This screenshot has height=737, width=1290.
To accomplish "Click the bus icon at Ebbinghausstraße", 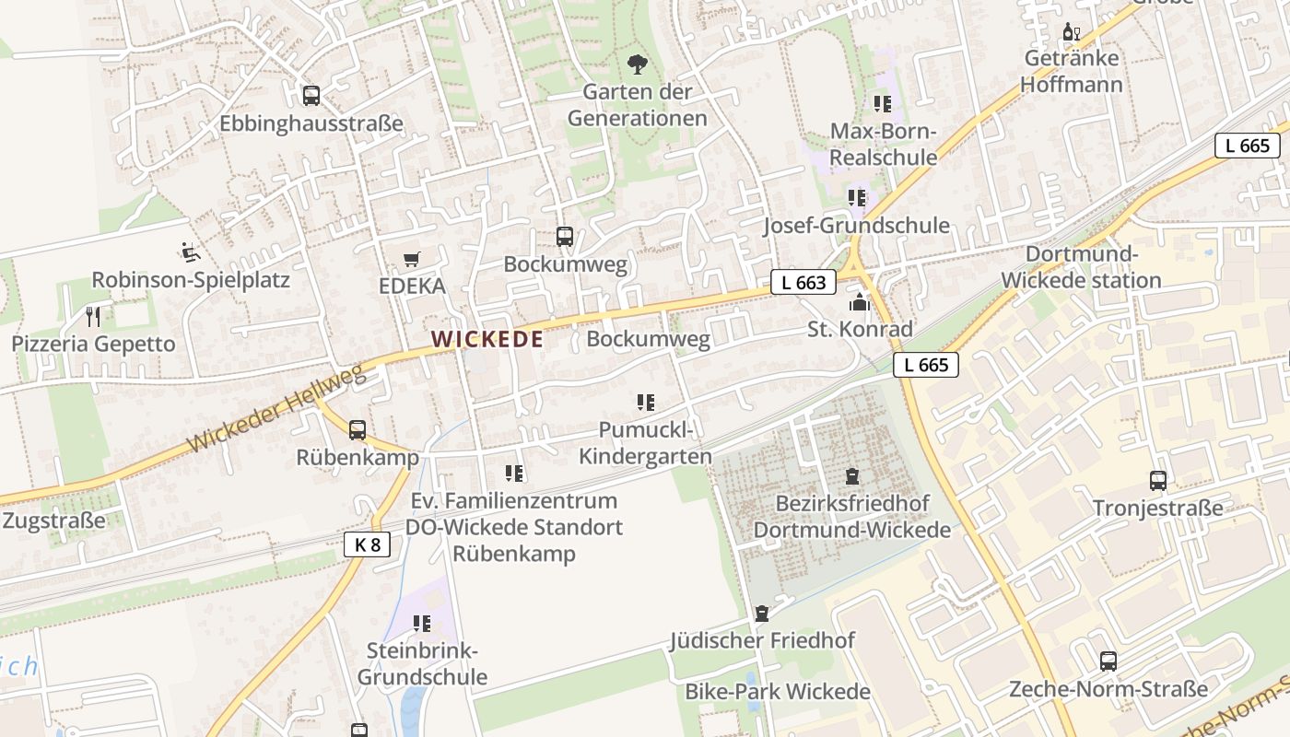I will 311,94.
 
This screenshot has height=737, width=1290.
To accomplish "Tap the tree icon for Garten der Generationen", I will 637,64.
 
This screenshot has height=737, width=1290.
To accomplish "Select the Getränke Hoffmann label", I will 1071,72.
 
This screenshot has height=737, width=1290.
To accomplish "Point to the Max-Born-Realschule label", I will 883,145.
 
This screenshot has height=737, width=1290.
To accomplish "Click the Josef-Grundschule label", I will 856,226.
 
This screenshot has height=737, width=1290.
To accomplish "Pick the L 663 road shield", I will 803,283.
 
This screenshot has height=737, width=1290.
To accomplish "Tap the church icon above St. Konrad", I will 859,301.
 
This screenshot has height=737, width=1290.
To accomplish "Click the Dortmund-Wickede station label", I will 1081,267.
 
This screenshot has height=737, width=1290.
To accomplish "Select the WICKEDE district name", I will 487,339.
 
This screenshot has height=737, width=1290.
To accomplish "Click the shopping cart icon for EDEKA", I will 412,260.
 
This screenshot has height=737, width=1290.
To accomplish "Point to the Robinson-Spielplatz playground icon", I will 191,252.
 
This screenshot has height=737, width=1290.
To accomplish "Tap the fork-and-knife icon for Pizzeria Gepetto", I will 92,317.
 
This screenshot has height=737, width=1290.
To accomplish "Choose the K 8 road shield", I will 367,544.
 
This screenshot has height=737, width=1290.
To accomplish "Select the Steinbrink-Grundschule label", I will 422,664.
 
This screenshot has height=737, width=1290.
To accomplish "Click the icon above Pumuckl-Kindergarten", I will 645,403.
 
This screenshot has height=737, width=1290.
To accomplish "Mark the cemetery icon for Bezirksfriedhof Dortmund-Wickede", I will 852,476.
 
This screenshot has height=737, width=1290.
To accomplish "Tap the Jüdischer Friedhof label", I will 762,640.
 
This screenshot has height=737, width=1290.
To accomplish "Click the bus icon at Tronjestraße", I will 1157,480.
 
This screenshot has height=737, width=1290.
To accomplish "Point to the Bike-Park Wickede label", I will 777,692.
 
